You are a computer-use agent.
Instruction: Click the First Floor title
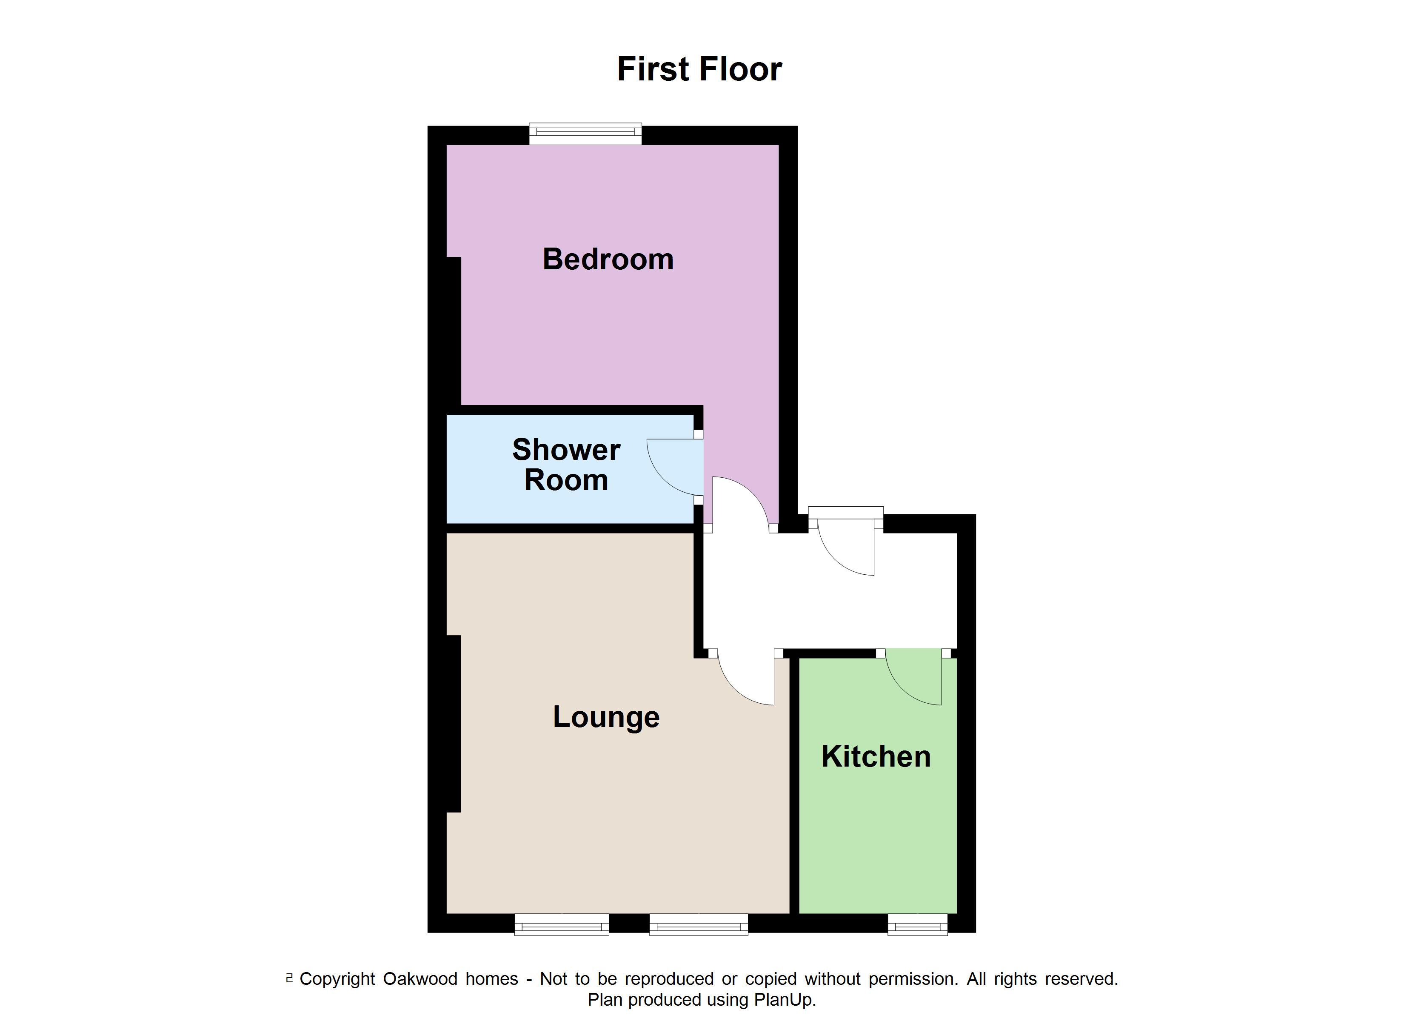pos(699,69)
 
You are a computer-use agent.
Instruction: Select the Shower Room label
pos(566,465)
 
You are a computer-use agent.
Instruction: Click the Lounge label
pos(606,717)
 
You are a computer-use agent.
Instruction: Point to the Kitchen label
pos(876,757)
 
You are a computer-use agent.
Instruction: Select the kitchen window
pos(917,925)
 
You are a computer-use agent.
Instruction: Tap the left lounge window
pos(562,925)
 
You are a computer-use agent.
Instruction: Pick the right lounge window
pos(698,925)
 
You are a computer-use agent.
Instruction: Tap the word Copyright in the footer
pos(337,979)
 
